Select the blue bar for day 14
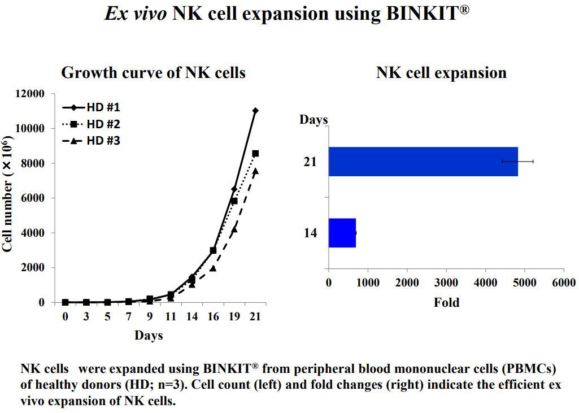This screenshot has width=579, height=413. point(342,233)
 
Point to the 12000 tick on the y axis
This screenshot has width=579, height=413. point(28,94)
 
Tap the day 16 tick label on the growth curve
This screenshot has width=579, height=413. point(212,316)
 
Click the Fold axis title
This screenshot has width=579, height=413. point(446,303)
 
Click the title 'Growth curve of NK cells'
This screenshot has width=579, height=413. point(153,73)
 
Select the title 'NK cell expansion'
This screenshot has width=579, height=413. point(441,73)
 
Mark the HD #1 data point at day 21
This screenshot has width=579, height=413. point(255,111)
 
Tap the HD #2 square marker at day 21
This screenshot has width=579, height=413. point(255,153)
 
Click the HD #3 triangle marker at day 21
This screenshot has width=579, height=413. point(255,171)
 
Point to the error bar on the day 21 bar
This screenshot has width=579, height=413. point(518,162)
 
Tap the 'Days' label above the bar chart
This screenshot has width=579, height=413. point(314,120)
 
